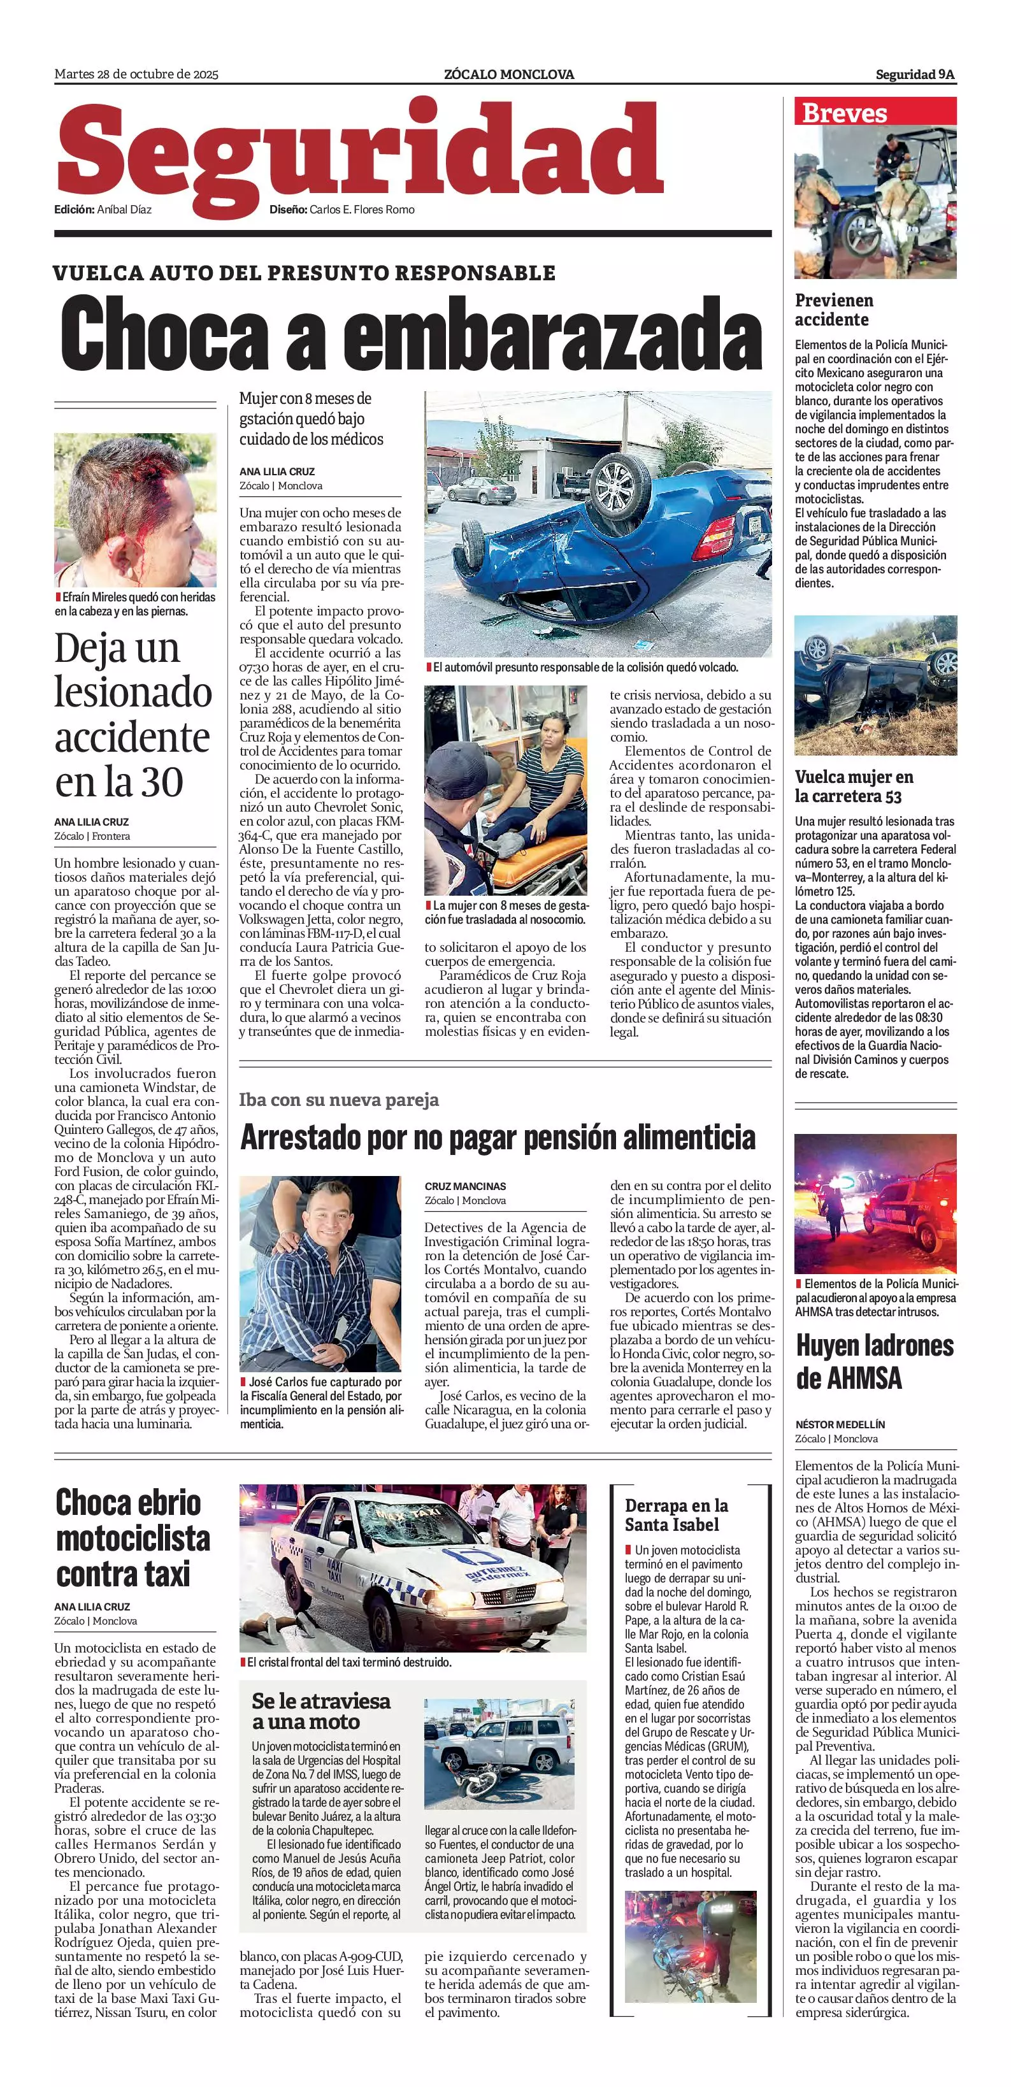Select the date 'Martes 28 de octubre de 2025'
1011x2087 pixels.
pos(136,75)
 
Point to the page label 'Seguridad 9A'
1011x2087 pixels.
pos(915,75)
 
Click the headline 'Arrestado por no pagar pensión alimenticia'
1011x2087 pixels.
pos(498,1138)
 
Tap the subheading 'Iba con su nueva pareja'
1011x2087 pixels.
pos(339,1100)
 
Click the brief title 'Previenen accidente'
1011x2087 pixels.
pos(834,310)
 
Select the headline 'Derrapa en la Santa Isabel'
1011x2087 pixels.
pos(676,1514)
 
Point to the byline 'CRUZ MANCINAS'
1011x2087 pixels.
pos(465,1186)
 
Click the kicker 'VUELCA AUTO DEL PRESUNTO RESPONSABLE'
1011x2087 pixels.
pos(304,273)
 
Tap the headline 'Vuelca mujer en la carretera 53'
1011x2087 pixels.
pos(853,786)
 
